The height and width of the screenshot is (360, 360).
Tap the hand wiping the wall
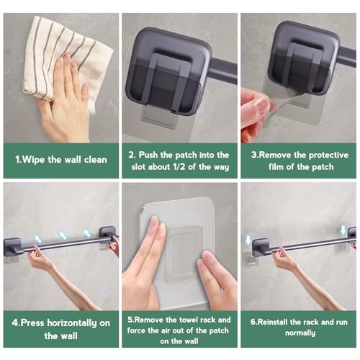(68, 108)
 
